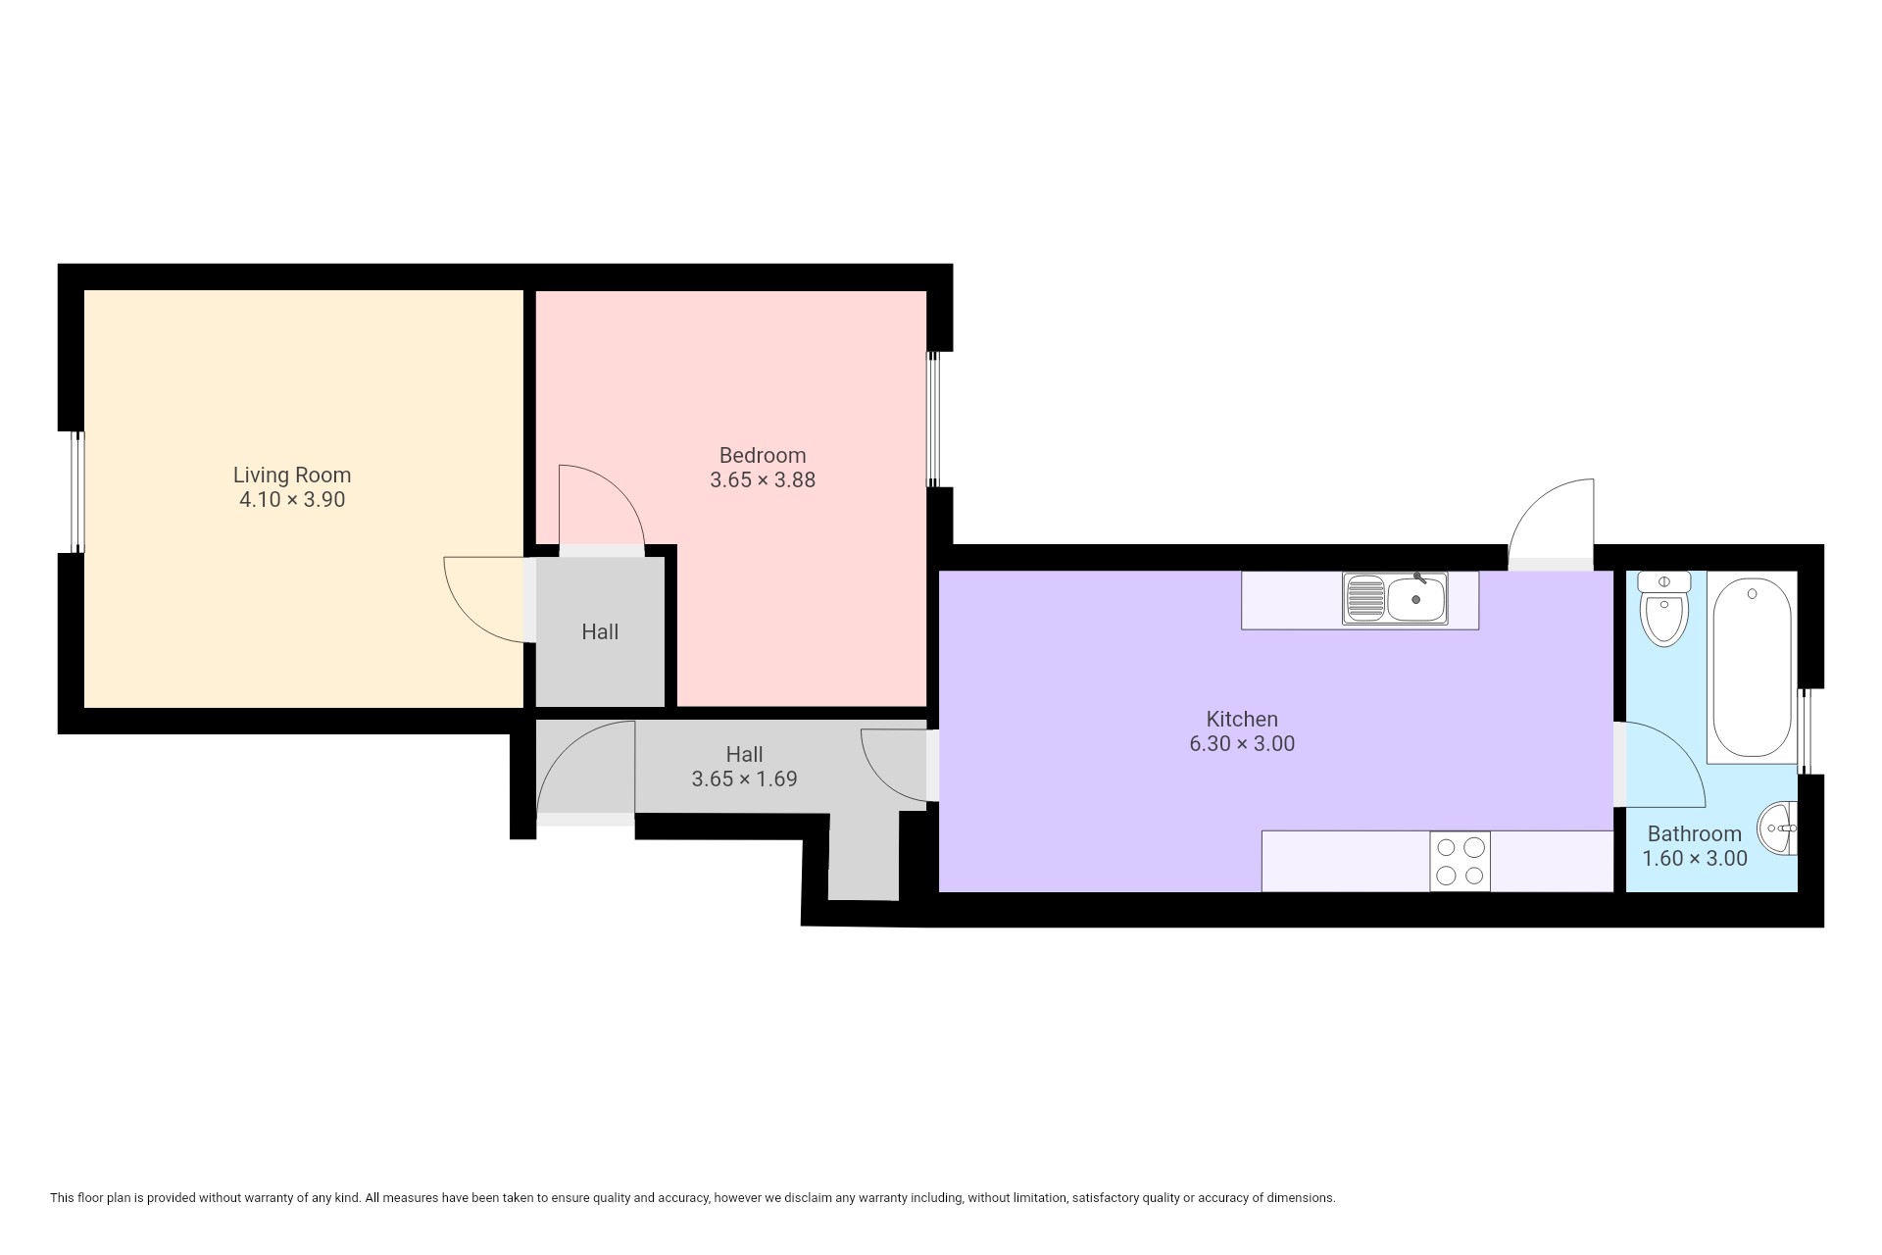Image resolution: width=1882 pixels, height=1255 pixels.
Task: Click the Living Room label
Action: click(292, 475)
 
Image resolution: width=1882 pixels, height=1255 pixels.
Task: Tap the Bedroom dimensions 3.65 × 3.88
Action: click(763, 480)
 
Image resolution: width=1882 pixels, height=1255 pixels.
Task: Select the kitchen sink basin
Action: click(1416, 599)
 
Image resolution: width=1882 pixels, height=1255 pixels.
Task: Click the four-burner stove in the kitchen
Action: click(1460, 861)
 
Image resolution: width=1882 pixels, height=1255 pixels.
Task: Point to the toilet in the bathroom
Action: click(1663, 609)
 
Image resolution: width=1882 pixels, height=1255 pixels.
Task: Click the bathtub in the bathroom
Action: click(1752, 668)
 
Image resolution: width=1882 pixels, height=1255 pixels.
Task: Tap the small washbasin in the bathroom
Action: click(1777, 829)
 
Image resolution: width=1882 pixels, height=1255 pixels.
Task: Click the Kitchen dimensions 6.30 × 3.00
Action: click(1242, 744)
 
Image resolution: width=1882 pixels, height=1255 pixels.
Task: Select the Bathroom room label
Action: click(1695, 833)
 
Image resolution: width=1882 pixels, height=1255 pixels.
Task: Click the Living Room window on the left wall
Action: click(77, 492)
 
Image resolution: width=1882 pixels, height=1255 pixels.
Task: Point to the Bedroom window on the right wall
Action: click(933, 420)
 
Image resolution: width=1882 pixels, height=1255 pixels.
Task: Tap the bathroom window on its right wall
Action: click(1805, 731)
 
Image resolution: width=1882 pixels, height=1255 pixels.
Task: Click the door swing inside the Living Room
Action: click(483, 599)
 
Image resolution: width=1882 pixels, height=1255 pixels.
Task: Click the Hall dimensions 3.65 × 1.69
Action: click(745, 779)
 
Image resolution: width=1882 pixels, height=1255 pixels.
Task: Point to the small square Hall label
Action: click(600, 632)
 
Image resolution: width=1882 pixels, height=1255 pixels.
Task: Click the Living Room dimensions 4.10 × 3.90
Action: click(292, 500)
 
